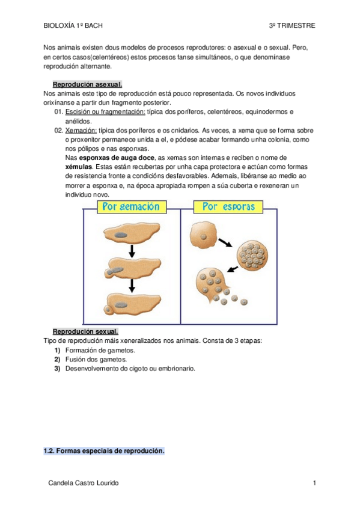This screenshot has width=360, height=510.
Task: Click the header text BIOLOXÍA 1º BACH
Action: click(73, 26)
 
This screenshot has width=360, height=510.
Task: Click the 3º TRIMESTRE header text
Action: click(292, 26)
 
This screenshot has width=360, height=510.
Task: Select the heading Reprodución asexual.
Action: click(87, 85)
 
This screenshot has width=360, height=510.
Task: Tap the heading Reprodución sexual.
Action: click(85, 331)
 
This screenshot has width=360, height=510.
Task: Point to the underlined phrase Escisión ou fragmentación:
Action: click(105, 112)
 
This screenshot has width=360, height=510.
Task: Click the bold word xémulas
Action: click(79, 167)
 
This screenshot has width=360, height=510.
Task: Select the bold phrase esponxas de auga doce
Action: click(117, 158)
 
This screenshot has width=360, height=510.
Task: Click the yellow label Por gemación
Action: click(132, 207)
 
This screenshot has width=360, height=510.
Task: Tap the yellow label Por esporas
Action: click(228, 207)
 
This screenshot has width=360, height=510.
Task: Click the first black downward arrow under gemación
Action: click(132, 251)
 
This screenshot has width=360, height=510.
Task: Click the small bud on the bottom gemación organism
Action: click(108, 310)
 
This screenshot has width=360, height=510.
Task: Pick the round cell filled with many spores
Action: click(252, 254)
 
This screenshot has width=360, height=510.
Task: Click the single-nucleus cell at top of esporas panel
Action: click(203, 235)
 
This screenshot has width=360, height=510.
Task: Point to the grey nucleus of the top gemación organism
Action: click(120, 235)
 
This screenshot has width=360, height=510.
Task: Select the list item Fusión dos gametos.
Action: click(96, 360)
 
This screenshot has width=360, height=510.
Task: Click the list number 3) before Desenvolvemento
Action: click(58, 369)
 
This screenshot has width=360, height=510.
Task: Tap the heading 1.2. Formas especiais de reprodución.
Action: click(104, 451)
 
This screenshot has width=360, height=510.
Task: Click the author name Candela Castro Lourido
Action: click(84, 483)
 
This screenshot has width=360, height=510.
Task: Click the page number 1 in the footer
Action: click(314, 483)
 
